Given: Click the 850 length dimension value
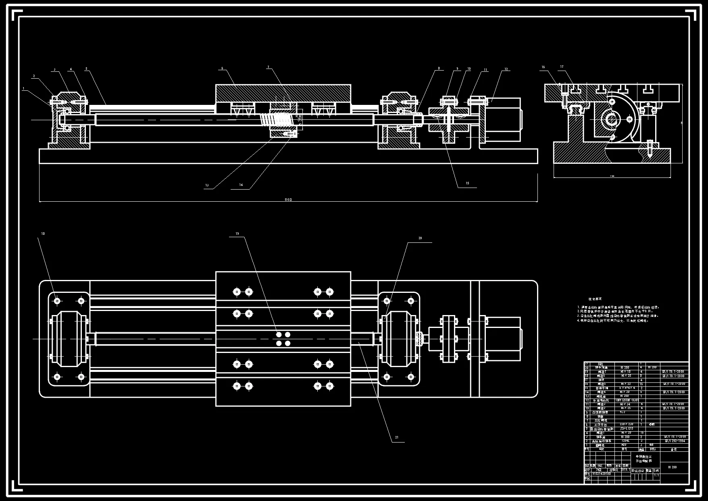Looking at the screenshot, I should (x=288, y=199).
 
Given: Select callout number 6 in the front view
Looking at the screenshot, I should (x=222, y=69).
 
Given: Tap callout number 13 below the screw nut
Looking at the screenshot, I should (x=207, y=186).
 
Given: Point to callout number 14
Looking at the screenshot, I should (x=241, y=185).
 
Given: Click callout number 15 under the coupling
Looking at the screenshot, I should (x=467, y=184).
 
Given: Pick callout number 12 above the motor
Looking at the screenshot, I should (x=506, y=69).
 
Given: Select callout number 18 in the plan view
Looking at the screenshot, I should (x=43, y=234).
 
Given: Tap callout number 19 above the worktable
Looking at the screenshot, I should (x=237, y=234).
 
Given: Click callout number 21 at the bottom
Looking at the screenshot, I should (x=397, y=437).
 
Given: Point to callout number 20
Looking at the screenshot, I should (x=420, y=238).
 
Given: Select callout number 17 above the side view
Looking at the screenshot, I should (x=562, y=67).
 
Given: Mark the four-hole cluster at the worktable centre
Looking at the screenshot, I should (x=283, y=339).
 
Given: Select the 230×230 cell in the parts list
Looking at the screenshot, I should (x=626, y=424).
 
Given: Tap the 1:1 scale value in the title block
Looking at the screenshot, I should (x=656, y=475).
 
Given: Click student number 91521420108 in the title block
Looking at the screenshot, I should (x=602, y=474).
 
